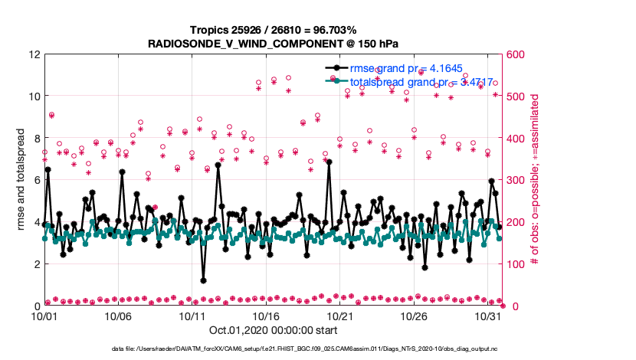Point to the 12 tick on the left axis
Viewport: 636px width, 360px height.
click(x=34, y=54)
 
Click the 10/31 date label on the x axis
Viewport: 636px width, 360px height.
click(x=489, y=316)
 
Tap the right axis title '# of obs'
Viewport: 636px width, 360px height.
click(x=536, y=180)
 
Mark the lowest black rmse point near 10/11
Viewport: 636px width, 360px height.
click(x=203, y=280)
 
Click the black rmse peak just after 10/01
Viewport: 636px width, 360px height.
click(x=48, y=169)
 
